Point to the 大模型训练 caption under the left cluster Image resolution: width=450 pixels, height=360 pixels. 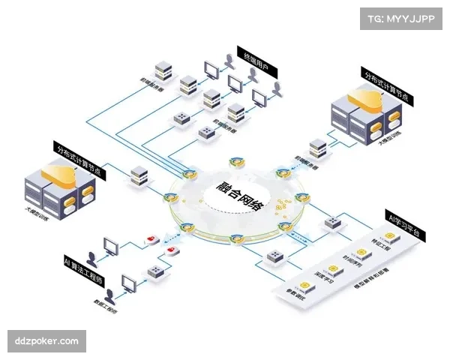coord(37,215)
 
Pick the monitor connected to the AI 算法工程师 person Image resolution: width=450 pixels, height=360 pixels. coord(112,245)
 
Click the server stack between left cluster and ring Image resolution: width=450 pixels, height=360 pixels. coord(138,175)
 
